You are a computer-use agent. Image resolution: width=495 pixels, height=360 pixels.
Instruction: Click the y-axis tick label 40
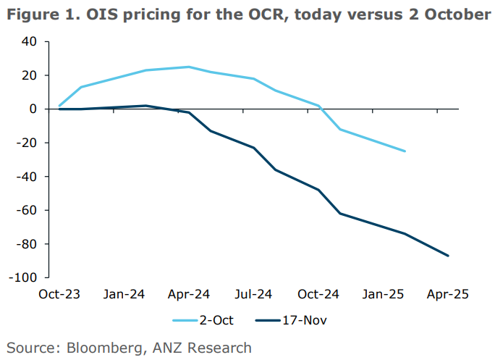28,42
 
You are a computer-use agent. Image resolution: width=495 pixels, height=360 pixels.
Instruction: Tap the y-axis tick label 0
32,109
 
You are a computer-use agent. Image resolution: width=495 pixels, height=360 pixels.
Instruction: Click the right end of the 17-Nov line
449,256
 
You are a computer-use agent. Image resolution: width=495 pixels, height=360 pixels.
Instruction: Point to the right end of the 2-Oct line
405,151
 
